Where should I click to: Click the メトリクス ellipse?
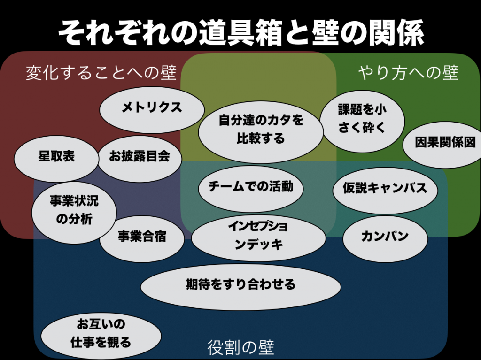(x=152, y=110)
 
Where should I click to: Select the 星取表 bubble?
(x=56, y=158)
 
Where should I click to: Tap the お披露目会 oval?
(x=140, y=158)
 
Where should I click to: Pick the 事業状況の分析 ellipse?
(x=74, y=213)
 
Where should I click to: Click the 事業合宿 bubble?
(x=142, y=238)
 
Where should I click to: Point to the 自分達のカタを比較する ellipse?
(x=261, y=132)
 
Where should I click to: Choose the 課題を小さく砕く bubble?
(x=362, y=121)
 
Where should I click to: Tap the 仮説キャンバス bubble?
(x=385, y=190)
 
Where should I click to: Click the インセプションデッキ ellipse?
(x=258, y=238)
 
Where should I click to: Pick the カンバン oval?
(x=385, y=238)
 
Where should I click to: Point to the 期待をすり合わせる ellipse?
(x=240, y=287)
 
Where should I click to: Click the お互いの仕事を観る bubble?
(x=101, y=336)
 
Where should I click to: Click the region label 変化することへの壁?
(x=101, y=73)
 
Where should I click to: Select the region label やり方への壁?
(x=408, y=73)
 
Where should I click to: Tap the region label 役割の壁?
(x=240, y=347)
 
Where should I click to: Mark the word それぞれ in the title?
(x=114, y=32)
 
